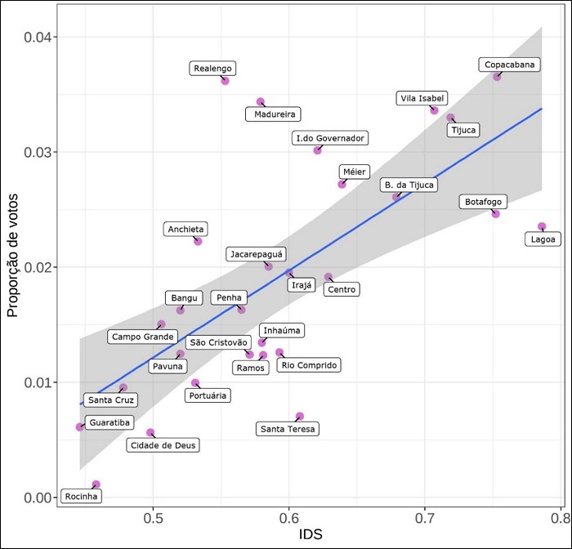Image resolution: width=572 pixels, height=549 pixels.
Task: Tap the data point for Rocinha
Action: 96,484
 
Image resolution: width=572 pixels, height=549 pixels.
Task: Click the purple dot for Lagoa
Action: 542,226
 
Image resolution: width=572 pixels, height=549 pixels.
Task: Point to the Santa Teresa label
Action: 287,429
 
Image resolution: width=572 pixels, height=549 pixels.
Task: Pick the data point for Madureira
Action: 261,102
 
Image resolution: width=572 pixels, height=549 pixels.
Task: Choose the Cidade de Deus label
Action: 163,445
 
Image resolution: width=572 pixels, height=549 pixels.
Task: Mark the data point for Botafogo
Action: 495,213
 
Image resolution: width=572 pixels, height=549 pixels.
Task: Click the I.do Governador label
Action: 330,138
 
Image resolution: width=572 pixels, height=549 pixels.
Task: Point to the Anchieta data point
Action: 198,241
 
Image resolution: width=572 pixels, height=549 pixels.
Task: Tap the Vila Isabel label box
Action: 422,99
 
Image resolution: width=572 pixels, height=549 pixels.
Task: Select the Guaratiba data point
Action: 80,426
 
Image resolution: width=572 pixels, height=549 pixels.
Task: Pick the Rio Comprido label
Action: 309,365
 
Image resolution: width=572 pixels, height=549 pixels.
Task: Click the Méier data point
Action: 342,184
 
